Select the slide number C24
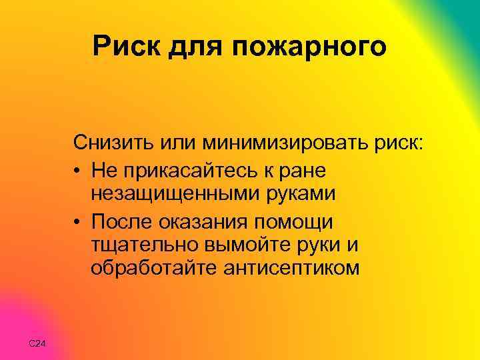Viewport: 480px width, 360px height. coord(37,343)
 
